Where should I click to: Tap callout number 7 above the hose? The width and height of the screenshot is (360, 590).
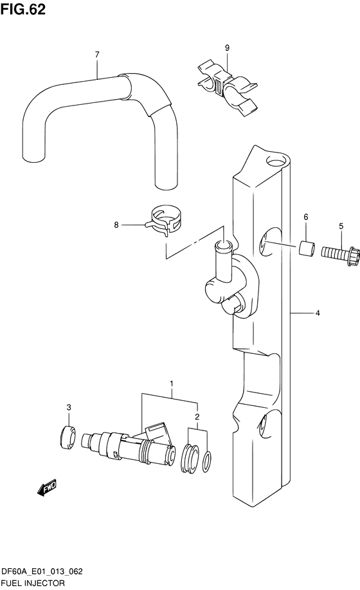(x=96, y=55)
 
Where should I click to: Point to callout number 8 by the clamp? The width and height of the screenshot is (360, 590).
(x=116, y=225)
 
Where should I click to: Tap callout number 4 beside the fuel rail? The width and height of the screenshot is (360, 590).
(x=318, y=313)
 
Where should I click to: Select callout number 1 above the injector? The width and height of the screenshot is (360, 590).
(x=172, y=385)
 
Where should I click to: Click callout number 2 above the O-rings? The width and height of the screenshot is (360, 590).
(x=198, y=416)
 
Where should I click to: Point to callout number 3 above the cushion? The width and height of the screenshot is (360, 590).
(x=69, y=408)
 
